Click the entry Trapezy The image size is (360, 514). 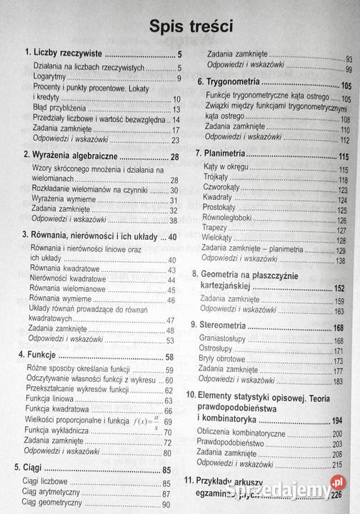coord(219,231)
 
